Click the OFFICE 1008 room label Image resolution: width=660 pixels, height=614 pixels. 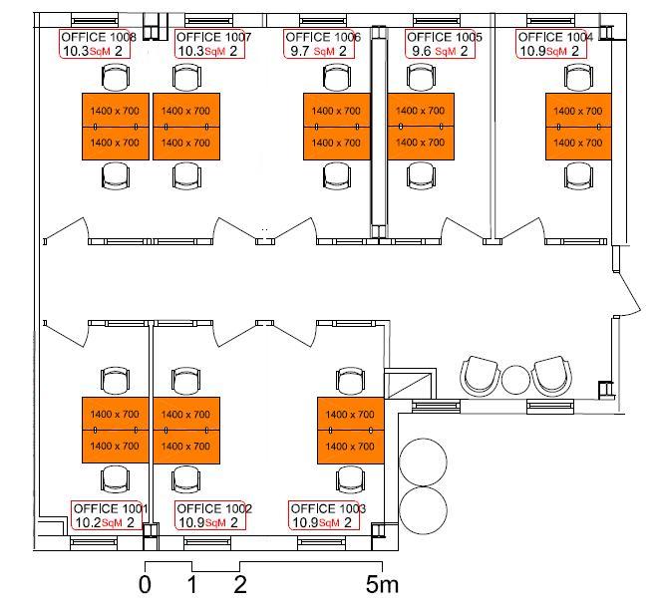(99, 37)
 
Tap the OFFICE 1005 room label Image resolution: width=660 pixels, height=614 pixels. (445, 37)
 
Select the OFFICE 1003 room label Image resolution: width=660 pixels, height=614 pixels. (328, 508)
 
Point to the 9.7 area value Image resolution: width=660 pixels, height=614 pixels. (300, 51)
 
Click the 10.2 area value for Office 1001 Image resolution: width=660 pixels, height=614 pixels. (88, 522)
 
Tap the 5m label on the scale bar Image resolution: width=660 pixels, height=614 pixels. (382, 584)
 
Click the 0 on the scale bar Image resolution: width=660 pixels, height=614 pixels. (145, 584)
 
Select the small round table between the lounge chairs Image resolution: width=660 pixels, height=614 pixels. (515, 380)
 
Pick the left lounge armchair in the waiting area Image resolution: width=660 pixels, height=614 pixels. (480, 377)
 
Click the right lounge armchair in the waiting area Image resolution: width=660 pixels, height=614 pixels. (551, 377)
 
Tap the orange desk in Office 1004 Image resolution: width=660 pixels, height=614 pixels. (578, 127)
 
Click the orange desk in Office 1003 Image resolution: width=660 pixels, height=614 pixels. (350, 430)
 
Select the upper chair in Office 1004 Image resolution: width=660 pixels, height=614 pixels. (578, 77)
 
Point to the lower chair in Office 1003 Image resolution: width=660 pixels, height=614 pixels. (350, 479)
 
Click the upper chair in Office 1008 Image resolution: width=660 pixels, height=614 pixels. (116, 77)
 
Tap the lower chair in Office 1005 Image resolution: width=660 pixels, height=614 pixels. (421, 175)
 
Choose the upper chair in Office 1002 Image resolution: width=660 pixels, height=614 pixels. (186, 381)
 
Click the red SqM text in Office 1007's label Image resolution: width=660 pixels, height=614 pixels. (214, 52)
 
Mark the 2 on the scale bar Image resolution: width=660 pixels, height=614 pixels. (240, 584)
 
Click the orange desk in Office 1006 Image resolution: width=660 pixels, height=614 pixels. (337, 127)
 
